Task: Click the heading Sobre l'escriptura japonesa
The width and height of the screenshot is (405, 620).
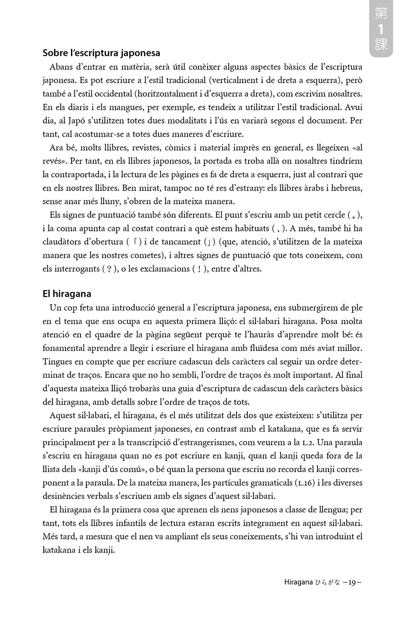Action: click(x=101, y=53)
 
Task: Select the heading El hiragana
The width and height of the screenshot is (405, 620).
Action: click(x=67, y=294)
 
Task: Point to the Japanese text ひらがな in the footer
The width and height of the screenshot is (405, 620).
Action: click(x=327, y=582)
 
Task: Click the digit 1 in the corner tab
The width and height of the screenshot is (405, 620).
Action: click(x=381, y=29)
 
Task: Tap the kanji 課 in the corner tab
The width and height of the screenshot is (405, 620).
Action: click(x=381, y=45)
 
